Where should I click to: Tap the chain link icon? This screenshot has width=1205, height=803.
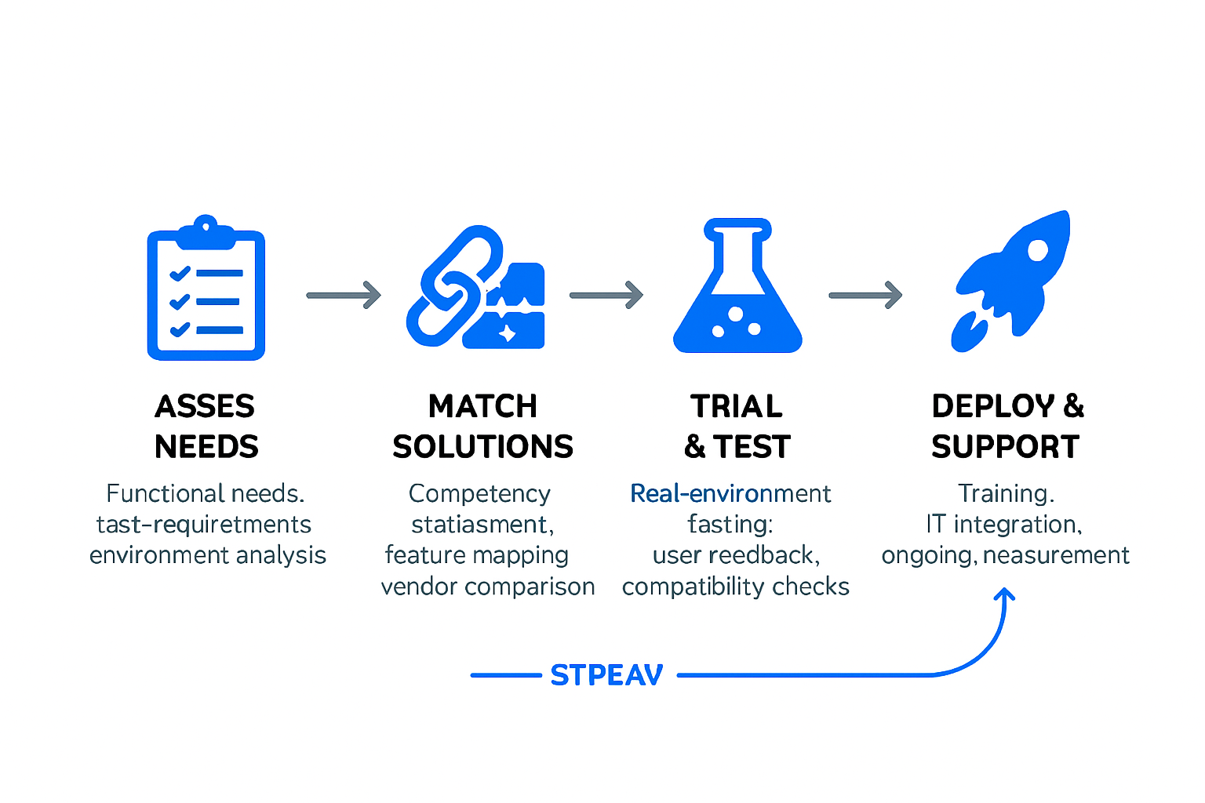[x=453, y=287]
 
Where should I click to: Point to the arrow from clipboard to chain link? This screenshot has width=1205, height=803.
[x=344, y=295]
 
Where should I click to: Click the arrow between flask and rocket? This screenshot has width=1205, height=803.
[x=865, y=295]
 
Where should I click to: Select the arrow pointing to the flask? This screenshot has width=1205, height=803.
[x=606, y=295]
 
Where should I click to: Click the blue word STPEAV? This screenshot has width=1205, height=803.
[x=606, y=675]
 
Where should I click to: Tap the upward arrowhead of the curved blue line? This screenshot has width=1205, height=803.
[x=1004, y=594]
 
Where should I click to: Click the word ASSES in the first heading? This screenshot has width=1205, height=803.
[x=205, y=407]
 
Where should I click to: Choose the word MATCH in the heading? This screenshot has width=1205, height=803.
[x=482, y=407]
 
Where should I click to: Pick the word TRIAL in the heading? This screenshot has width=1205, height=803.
[x=737, y=407]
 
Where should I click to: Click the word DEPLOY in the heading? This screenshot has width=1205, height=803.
[x=993, y=407]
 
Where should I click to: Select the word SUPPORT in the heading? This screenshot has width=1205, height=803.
[x=1006, y=447]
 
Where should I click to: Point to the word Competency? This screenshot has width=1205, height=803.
[x=479, y=493]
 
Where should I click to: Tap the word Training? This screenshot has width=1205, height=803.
[x=1006, y=493]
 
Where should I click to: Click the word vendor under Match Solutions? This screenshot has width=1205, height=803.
[x=420, y=587]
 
